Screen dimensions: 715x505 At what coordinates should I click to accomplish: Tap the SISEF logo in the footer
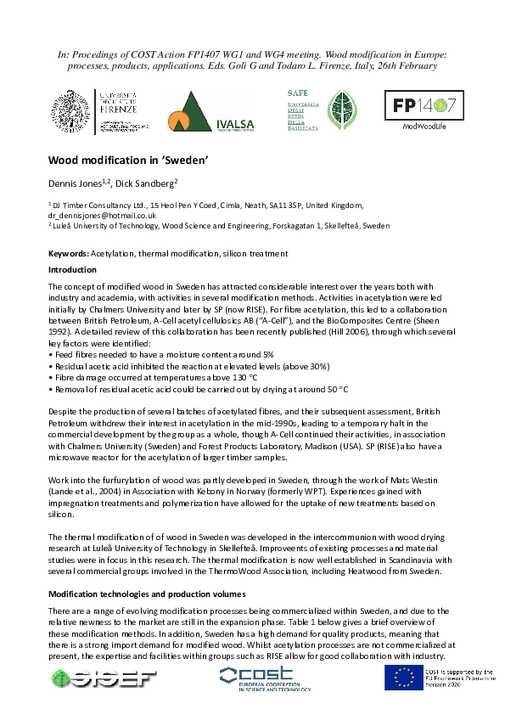point(104,677)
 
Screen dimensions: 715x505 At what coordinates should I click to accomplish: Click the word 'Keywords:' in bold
point(68,254)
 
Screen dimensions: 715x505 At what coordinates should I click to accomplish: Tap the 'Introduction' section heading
point(72,270)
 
